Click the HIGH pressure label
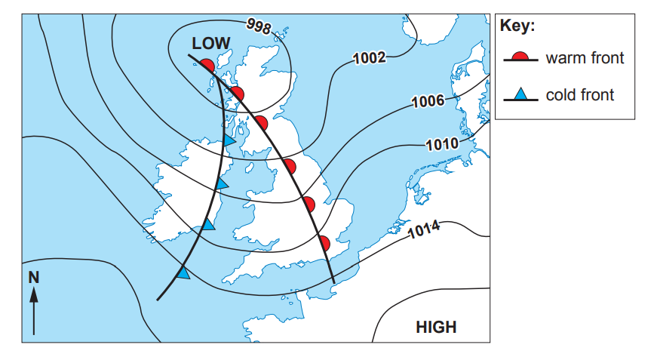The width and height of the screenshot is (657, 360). point(436,327)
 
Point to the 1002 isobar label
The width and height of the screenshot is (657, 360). point(370,57)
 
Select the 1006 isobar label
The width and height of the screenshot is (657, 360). point(428,102)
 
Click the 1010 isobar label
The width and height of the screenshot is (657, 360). point(443,143)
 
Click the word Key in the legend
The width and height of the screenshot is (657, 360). point(517,26)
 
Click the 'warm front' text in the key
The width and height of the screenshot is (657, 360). point(585,58)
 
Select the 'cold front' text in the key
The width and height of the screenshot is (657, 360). point(580,95)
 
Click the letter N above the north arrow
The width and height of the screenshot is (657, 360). point(33,277)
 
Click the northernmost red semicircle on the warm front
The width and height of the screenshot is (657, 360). point(208,66)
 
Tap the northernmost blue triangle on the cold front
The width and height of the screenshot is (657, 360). point(229,140)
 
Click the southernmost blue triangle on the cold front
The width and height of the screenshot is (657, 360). point(183,273)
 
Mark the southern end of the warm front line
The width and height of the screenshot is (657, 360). point(334,285)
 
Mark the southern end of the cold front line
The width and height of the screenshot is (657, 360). point(157,300)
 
